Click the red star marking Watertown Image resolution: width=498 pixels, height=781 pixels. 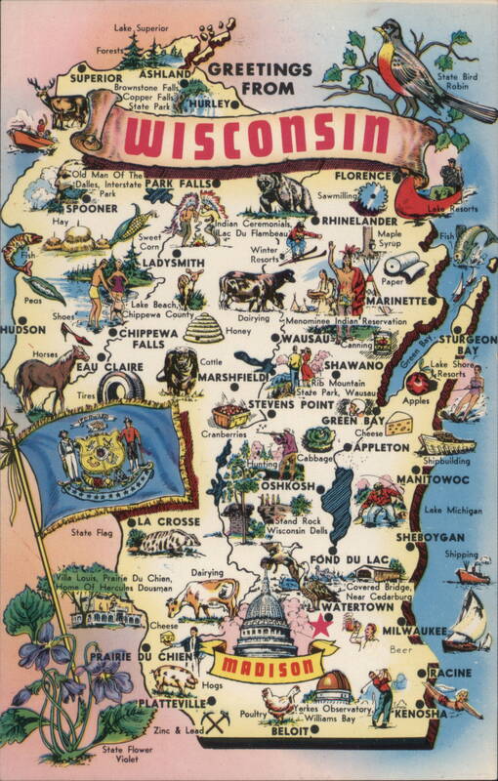320,625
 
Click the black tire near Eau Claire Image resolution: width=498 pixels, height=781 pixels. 120,387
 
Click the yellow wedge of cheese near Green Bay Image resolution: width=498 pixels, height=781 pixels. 398,424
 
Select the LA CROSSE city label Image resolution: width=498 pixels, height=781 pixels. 172,521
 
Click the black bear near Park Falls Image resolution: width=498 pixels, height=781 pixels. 284,194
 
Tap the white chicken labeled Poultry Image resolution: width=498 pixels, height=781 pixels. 280,700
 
